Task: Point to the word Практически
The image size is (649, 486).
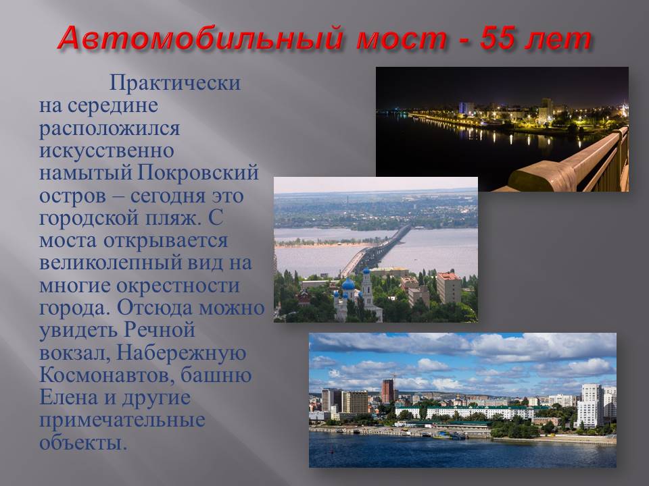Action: coord(174,82)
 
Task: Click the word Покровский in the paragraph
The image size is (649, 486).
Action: coord(197,172)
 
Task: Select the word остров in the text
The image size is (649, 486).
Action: coord(72,196)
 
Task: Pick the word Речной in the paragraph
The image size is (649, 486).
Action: coord(159,330)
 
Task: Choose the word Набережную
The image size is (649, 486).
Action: coord(181,352)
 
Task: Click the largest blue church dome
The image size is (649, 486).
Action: coord(348,284)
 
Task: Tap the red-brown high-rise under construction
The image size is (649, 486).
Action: coord(388,391)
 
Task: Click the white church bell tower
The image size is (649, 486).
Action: coord(366,289)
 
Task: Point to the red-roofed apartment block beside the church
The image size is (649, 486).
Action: coord(449,288)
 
